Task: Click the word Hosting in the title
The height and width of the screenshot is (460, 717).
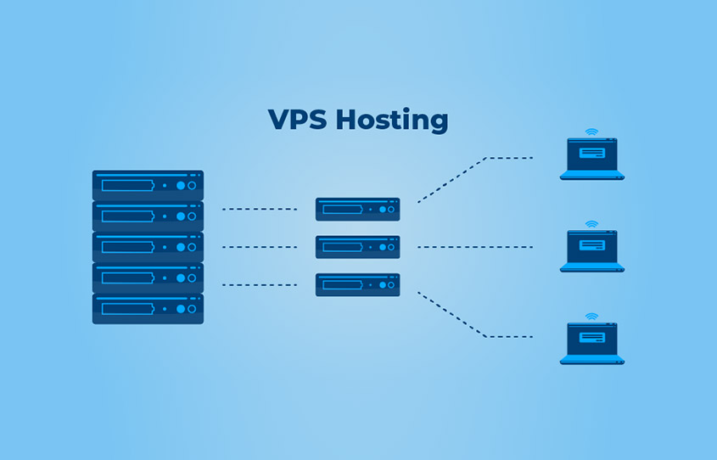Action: point(391,121)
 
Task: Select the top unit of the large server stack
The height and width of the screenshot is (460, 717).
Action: point(148,185)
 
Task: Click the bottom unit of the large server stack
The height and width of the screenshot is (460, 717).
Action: point(148,308)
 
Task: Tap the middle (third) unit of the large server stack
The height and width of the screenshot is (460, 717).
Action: point(148,247)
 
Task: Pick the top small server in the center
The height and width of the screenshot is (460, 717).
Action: point(357,209)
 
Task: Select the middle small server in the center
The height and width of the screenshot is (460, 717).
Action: point(357,247)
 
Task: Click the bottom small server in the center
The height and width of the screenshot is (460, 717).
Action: point(357,284)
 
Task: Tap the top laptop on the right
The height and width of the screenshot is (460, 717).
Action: point(591,159)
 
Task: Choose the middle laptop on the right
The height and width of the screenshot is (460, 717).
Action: point(591,250)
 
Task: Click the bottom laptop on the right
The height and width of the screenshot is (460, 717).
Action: point(591,343)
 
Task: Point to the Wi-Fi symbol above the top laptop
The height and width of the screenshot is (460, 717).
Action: point(591,132)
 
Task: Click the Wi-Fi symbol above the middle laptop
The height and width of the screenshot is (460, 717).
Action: point(591,224)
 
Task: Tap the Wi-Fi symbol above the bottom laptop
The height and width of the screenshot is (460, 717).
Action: point(591,317)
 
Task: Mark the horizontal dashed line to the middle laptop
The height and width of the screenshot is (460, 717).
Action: point(474,247)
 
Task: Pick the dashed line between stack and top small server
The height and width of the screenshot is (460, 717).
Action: point(259,209)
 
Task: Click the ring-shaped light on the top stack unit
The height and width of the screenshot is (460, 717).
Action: point(192,185)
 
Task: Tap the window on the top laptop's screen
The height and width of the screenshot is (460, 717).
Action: point(591,154)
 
